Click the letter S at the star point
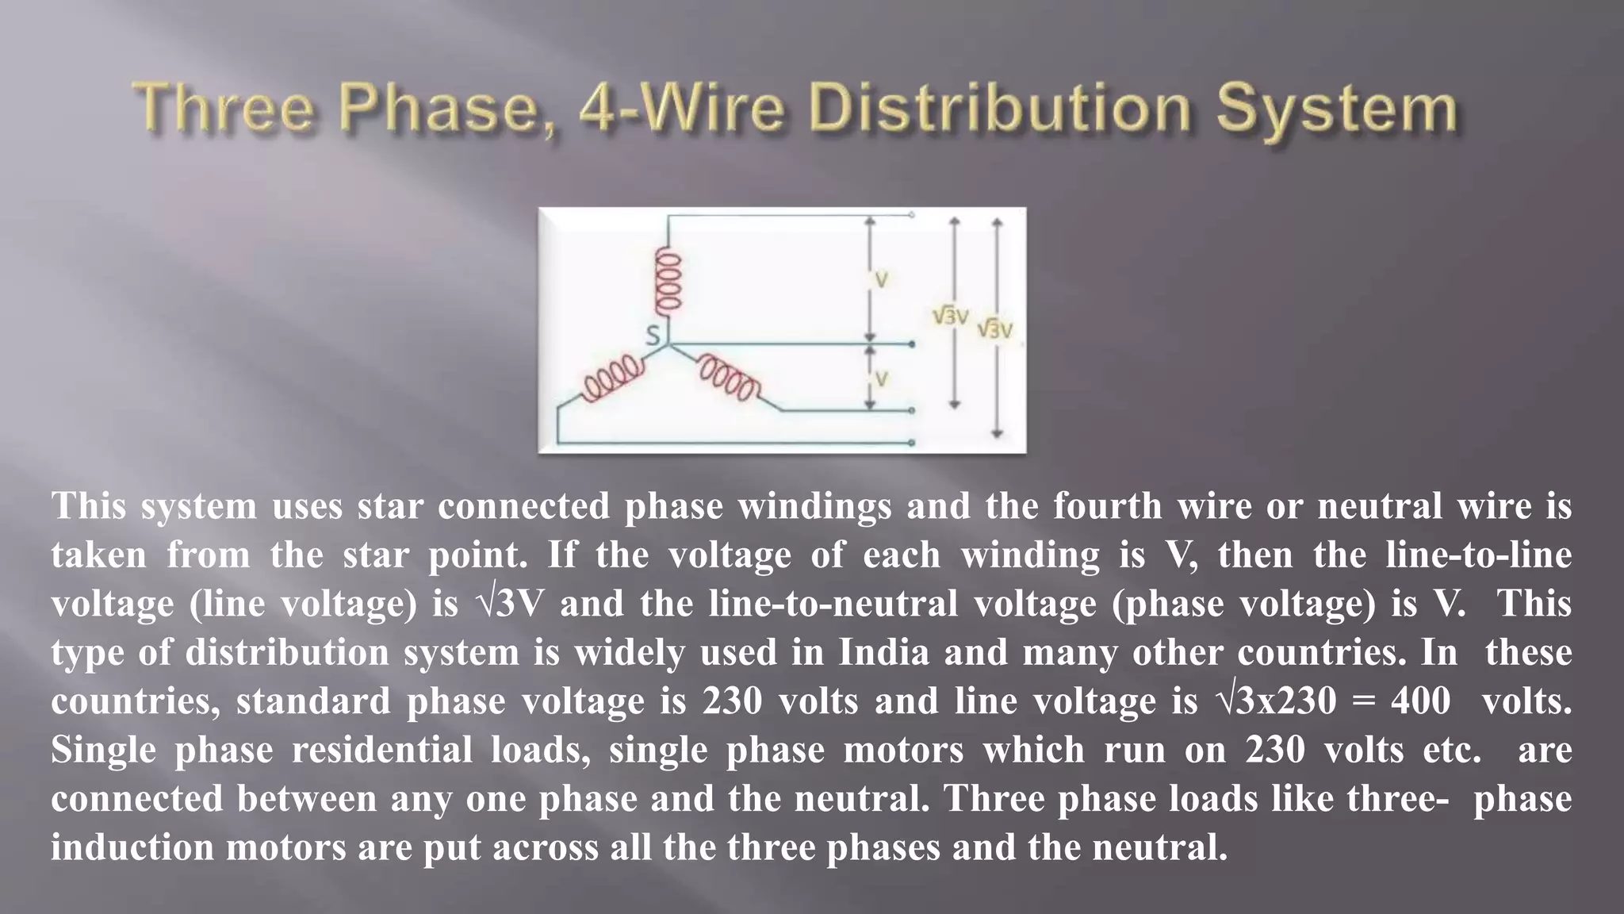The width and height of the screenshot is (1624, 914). (653, 336)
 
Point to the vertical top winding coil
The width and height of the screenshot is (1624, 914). (667, 281)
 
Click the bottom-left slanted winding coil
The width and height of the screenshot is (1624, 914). (612, 379)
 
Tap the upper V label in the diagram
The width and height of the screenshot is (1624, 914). (881, 280)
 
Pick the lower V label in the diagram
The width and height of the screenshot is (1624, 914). (881, 379)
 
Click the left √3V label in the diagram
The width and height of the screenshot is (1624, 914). (950, 317)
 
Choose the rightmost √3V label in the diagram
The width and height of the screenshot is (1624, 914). (994, 328)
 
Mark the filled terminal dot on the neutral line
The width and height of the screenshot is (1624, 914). (912, 344)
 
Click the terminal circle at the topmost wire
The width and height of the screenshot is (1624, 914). (912, 215)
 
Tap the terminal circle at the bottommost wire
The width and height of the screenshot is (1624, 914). (912, 443)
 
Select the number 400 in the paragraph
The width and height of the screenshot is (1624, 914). (1420, 701)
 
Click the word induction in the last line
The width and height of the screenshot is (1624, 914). (132, 847)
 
